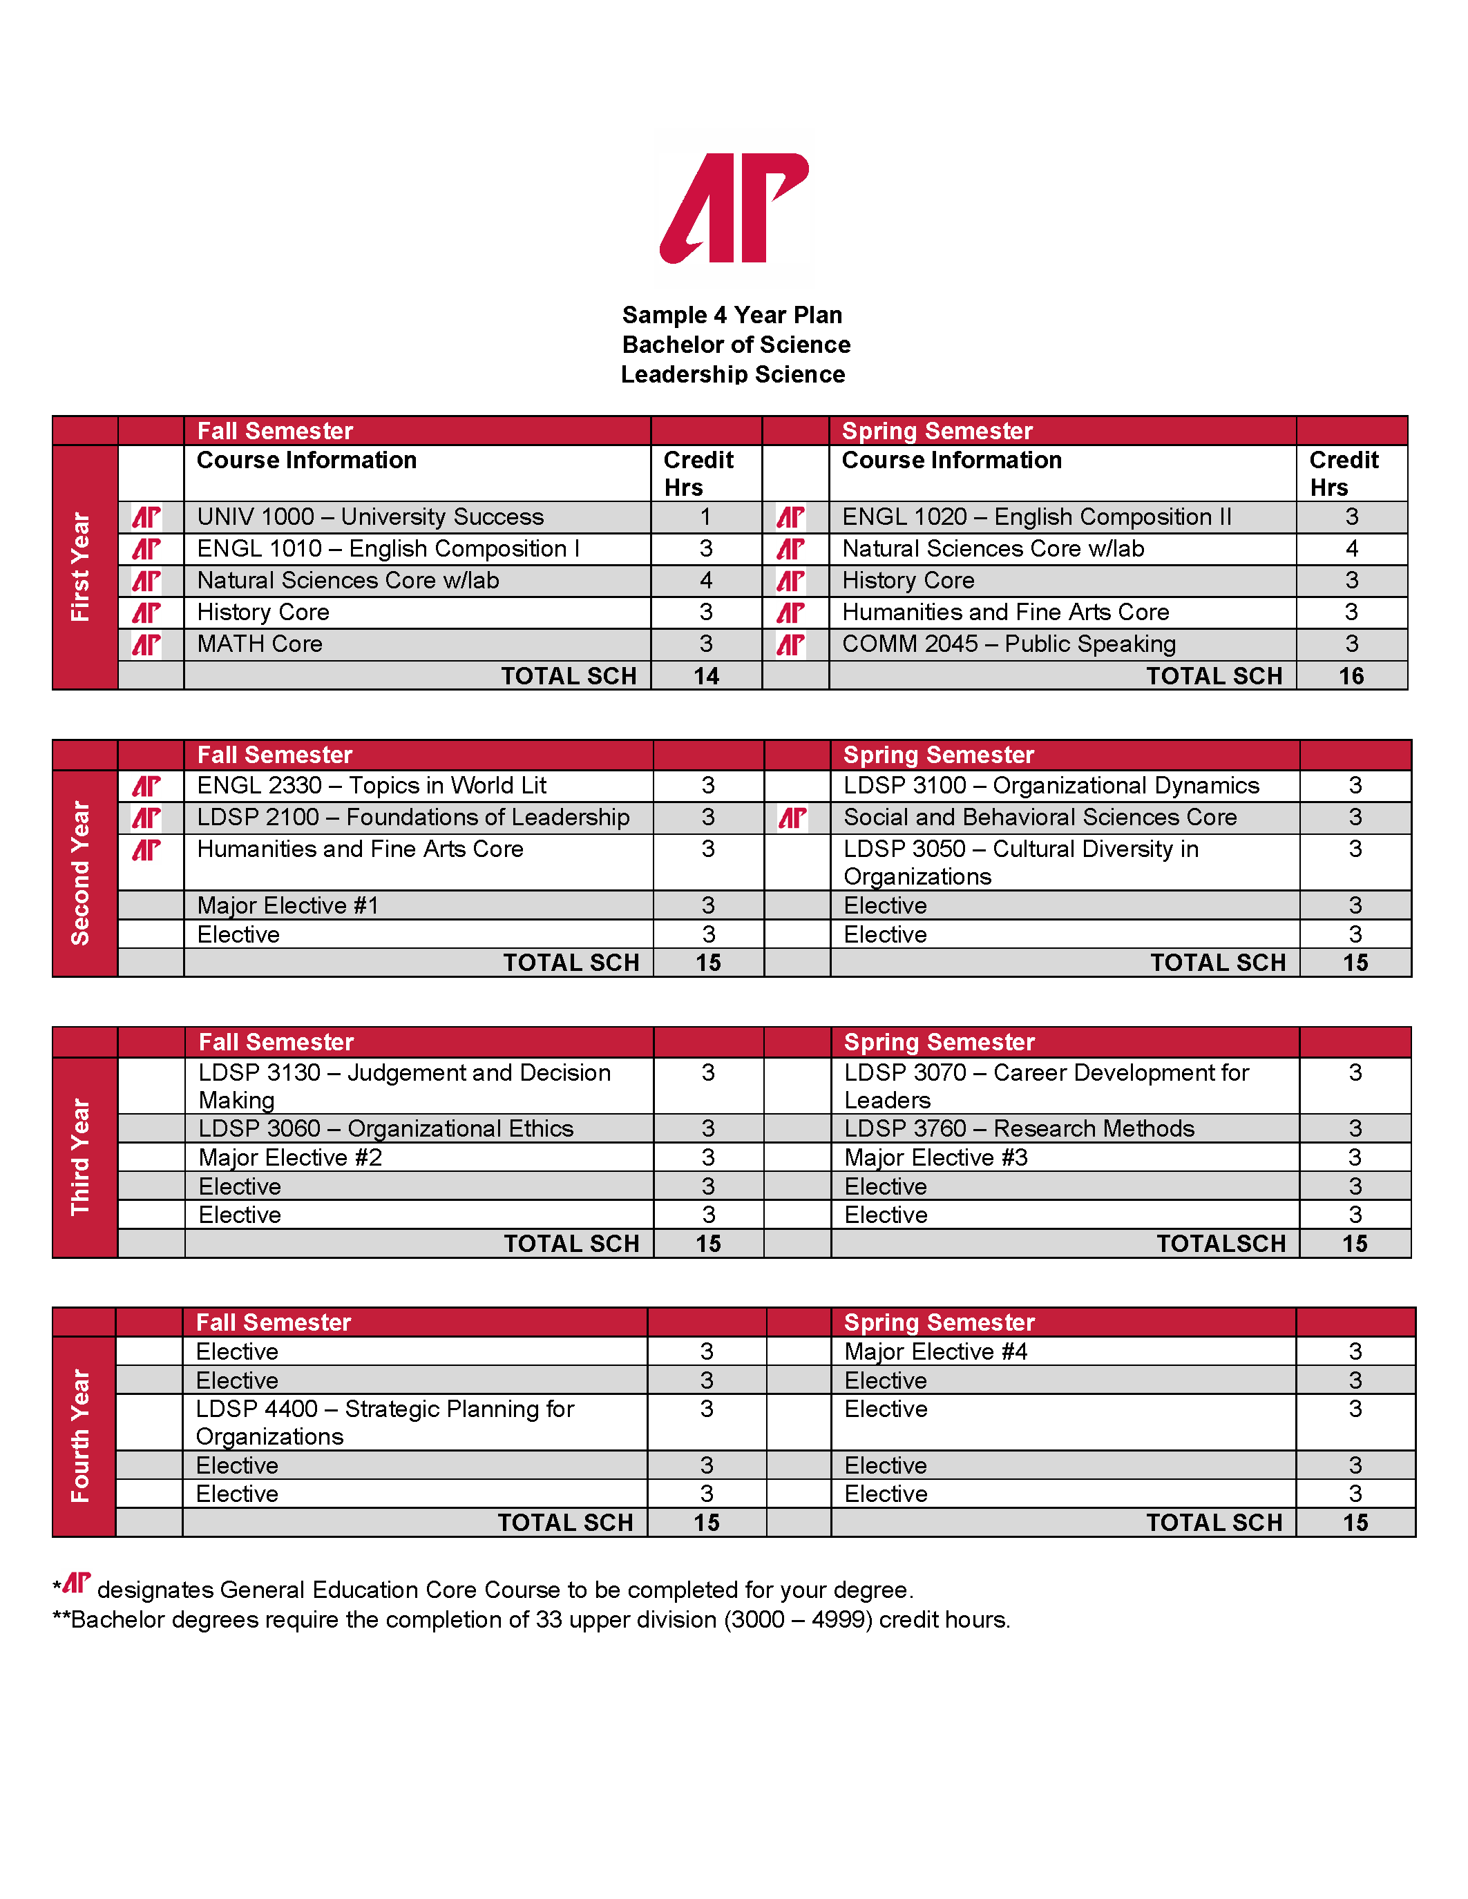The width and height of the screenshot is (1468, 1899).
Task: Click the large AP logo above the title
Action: [734, 208]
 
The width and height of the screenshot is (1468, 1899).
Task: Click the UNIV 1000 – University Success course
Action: [370, 517]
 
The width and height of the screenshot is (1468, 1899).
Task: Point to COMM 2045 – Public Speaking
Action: [1009, 644]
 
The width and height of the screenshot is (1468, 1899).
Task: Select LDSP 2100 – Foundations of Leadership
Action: [413, 818]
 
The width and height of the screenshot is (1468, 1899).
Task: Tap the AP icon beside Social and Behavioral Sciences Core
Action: [792, 818]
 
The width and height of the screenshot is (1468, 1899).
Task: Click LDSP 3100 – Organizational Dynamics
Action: [1051, 785]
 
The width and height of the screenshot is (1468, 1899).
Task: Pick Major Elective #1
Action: [288, 905]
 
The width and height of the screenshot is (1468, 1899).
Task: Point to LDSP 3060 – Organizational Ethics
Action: [386, 1128]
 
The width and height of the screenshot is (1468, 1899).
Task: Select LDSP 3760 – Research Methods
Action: [1019, 1128]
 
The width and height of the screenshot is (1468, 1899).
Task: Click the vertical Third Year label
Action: [81, 1157]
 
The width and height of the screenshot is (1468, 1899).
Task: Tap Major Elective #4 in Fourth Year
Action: [936, 1351]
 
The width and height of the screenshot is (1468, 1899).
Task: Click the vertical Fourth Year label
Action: [81, 1436]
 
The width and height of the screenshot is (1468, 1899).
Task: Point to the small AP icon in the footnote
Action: [77, 1583]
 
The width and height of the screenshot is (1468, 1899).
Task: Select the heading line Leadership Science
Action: [733, 375]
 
